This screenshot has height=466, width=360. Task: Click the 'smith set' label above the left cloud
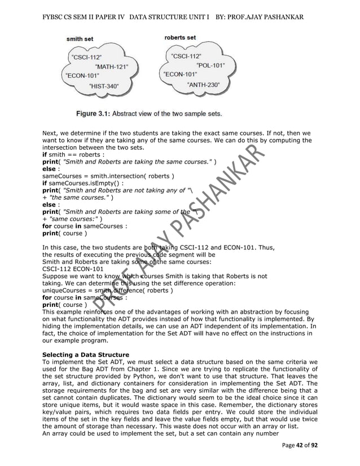(x=80, y=39)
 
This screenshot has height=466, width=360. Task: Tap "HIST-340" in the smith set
(x=104, y=86)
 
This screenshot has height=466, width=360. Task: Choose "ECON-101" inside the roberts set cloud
(x=180, y=74)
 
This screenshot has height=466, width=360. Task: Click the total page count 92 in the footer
(x=314, y=446)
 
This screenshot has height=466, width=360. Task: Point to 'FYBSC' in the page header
(x=55, y=17)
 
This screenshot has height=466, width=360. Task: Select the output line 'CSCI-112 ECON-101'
(x=73, y=269)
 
